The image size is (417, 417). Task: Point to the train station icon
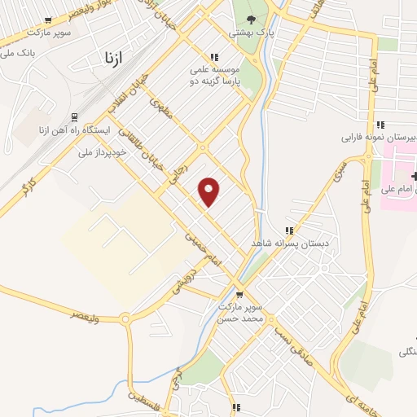tap(74, 116)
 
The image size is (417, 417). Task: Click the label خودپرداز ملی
tap(103, 151)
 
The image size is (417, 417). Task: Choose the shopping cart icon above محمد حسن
tap(239, 295)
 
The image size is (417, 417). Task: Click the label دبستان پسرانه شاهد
tap(289, 244)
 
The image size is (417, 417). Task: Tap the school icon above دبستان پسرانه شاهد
tap(288, 230)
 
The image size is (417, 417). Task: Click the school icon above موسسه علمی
tap(214, 57)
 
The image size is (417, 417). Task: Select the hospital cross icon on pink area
tap(415, 176)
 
